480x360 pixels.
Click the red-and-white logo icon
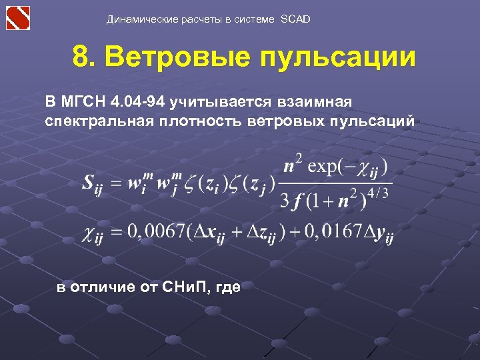pyautogui.click(x=19, y=17)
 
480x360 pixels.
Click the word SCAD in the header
pyautogui.click(x=295, y=19)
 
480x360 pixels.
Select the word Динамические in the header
pyautogui.click(x=143, y=19)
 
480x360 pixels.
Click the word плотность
pyautogui.click(x=193, y=122)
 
